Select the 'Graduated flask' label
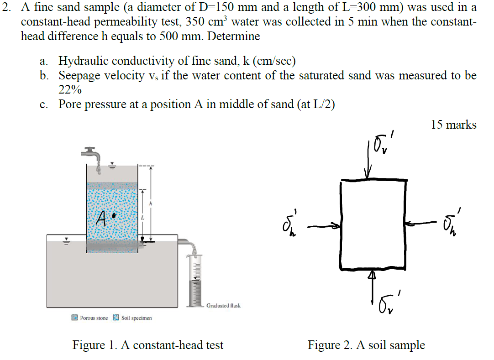(223, 305)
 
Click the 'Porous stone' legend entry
(90, 318)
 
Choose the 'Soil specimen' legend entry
(132, 318)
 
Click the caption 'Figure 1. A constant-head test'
(148, 345)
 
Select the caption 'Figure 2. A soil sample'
(366, 345)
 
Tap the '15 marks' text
(453, 125)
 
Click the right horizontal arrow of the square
(420, 223)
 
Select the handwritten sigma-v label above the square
(384, 145)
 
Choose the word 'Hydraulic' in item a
(84, 61)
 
